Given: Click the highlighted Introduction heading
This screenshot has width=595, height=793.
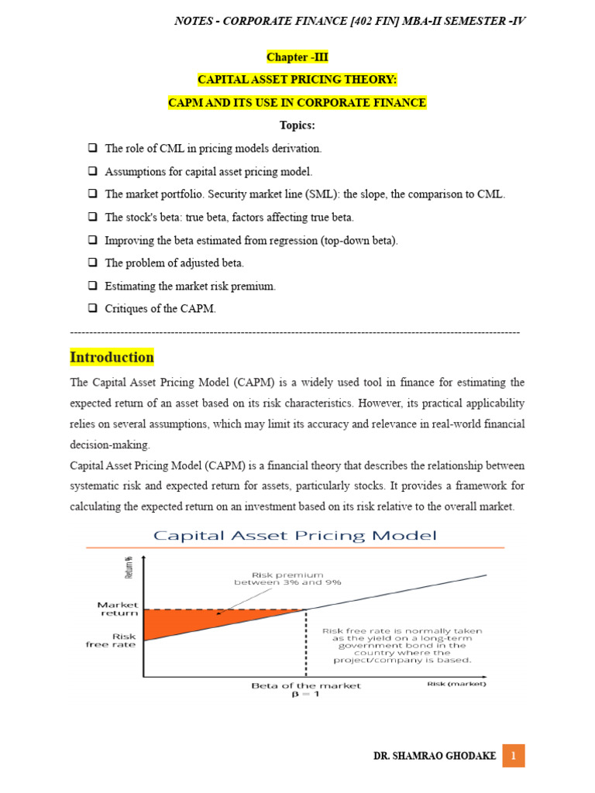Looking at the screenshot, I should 112,358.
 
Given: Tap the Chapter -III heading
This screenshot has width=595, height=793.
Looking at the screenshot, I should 297,57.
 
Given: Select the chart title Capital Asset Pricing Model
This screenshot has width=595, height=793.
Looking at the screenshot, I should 294,535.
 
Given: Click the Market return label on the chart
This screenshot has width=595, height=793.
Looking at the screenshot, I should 117,608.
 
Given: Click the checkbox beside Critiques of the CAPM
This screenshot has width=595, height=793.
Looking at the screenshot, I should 91,308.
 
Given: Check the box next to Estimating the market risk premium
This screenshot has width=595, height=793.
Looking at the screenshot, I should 91,286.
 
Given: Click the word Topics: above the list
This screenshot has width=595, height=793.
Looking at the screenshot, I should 297,125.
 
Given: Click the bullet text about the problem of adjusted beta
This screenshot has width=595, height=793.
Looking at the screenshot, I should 174,263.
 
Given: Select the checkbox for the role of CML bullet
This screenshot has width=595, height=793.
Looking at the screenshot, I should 91,148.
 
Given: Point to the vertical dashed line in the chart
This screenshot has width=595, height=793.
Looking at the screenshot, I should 306,643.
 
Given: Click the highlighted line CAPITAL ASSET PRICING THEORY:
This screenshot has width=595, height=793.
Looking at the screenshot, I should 297,80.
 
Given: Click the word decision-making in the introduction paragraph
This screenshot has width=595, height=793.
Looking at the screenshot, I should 109,445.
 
